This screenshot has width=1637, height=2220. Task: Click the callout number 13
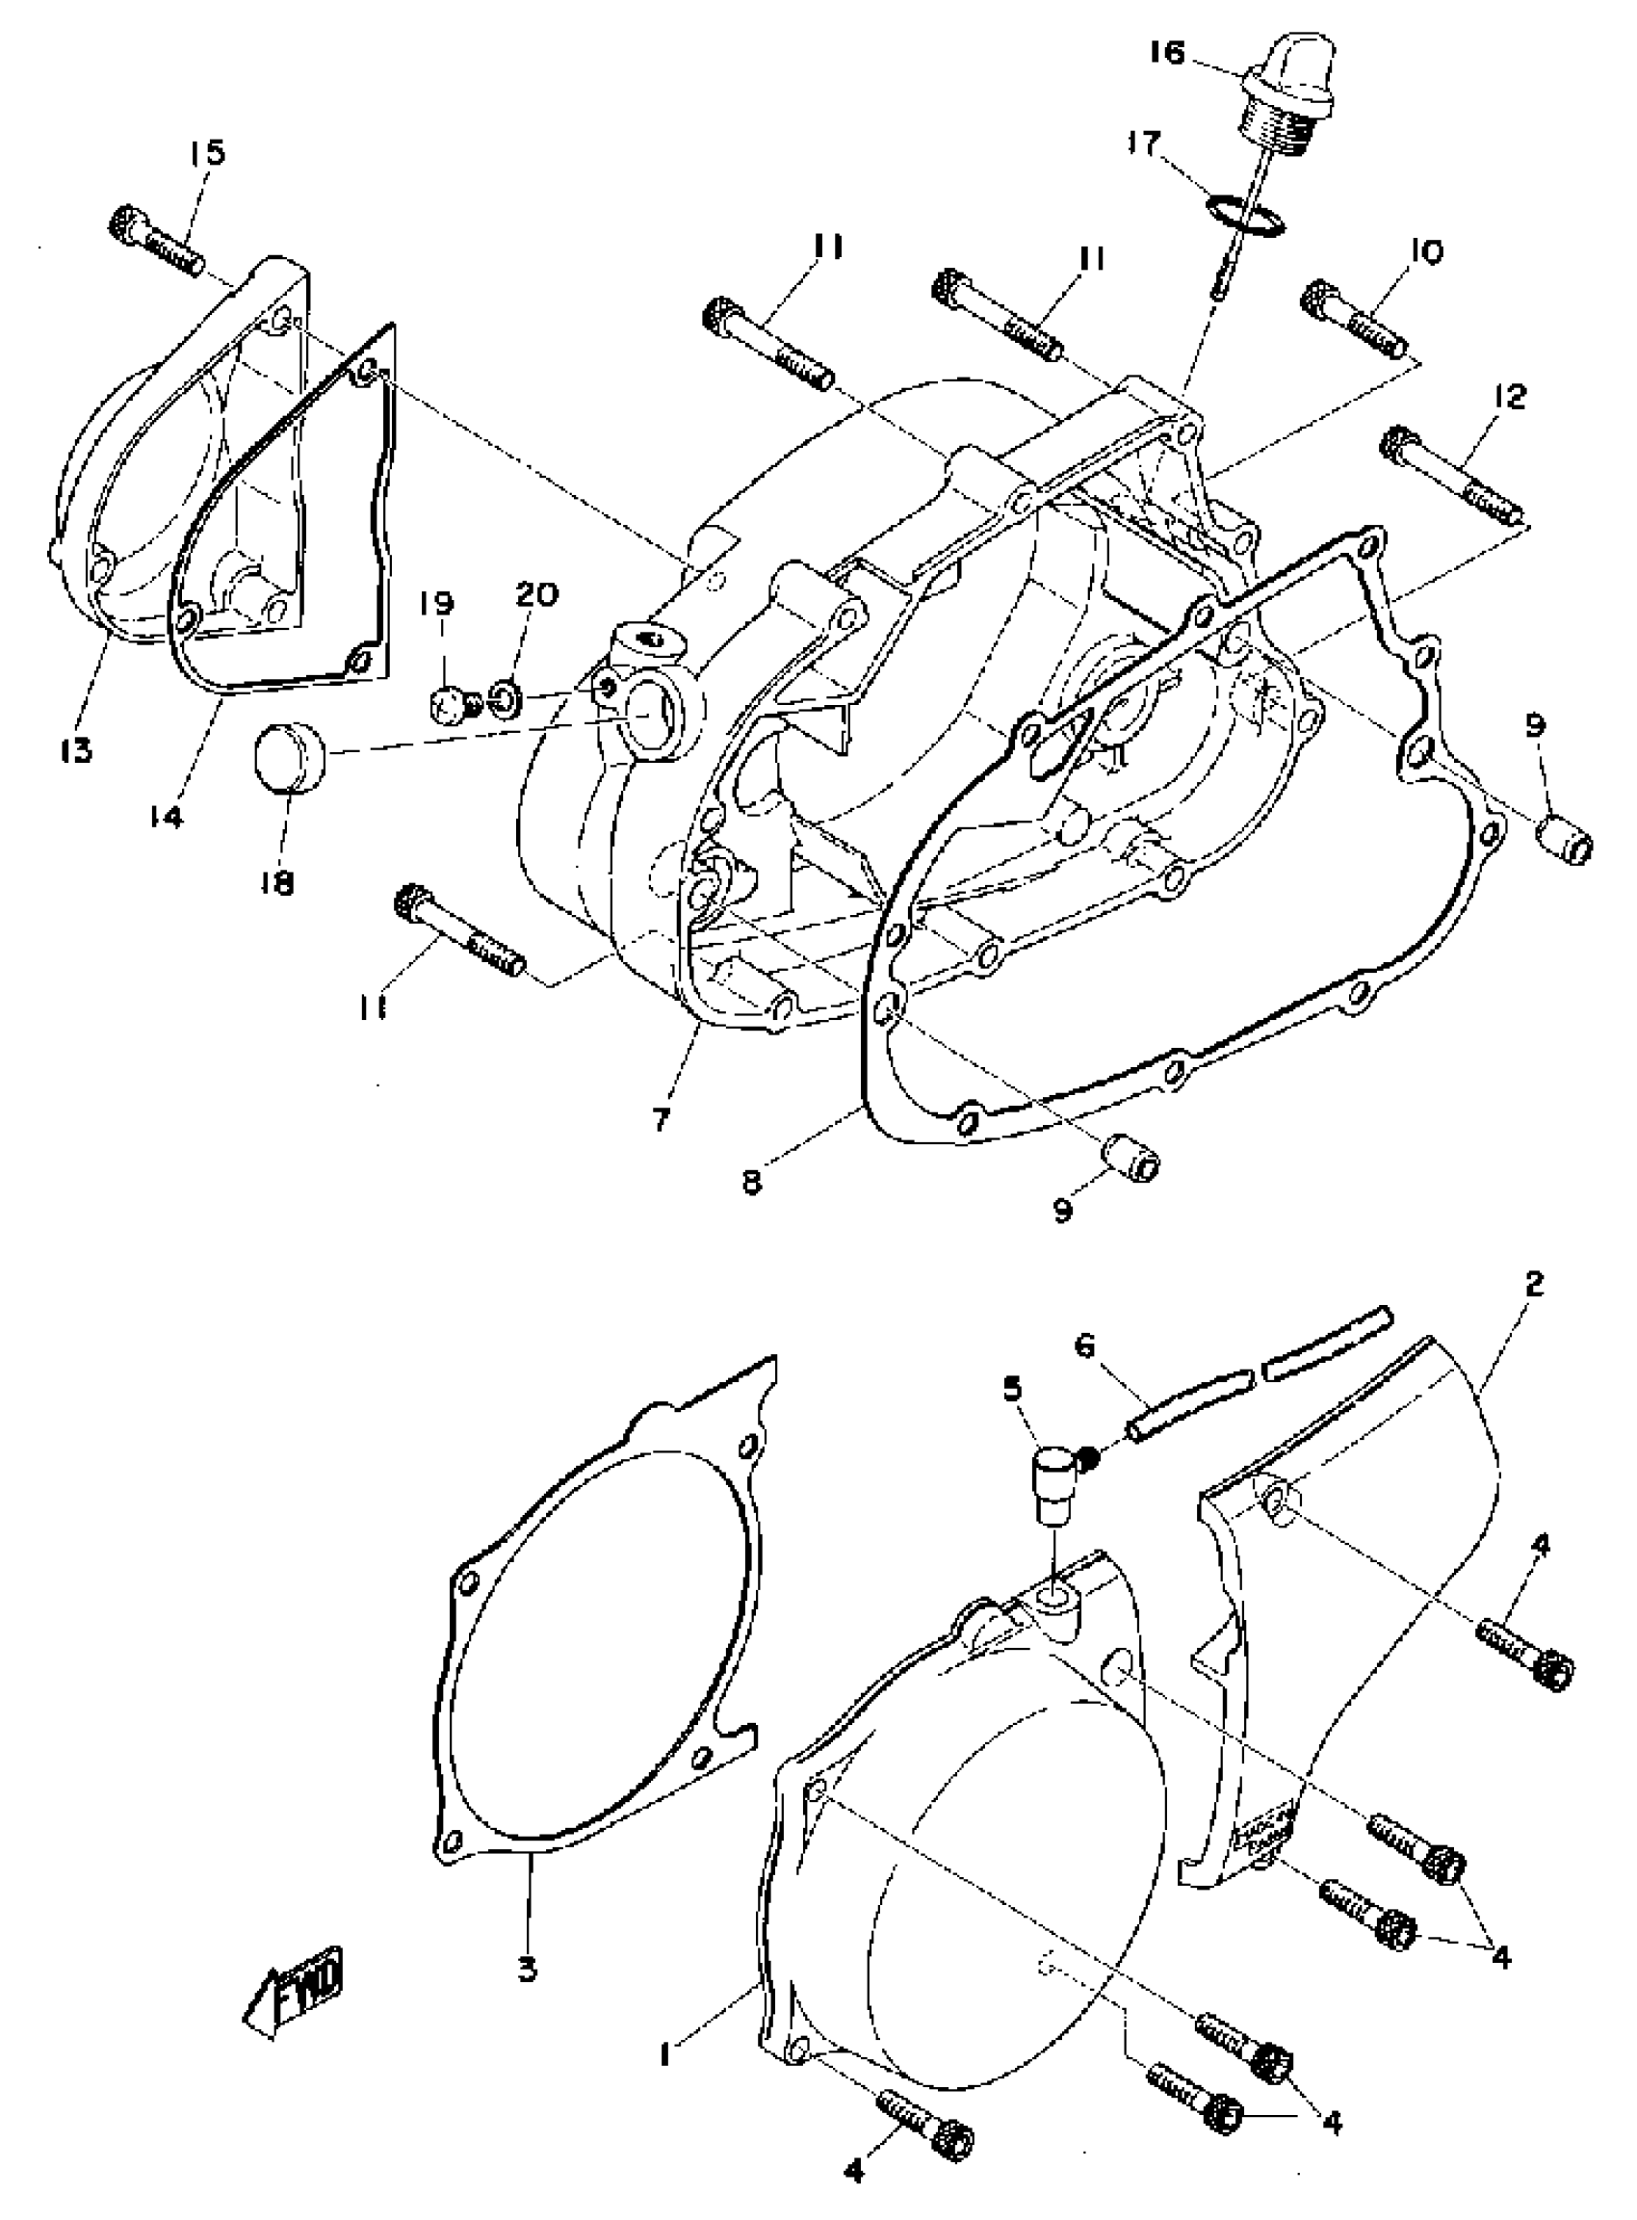click(x=74, y=750)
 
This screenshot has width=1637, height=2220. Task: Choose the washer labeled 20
click(x=503, y=698)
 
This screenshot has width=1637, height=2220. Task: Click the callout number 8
click(x=753, y=1185)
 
